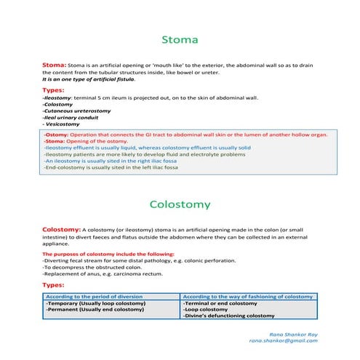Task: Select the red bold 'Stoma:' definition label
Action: pyautogui.click(x=55, y=65)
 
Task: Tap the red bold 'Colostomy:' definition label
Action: pyautogui.click(x=61, y=229)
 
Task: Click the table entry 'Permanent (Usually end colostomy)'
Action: pyautogui.click(x=95, y=310)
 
